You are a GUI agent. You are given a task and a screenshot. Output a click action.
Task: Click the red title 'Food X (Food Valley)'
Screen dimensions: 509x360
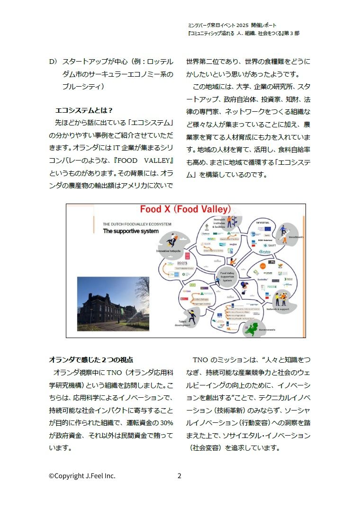pos(185,209)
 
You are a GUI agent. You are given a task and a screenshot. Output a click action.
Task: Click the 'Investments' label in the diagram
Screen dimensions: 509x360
pos(296,237)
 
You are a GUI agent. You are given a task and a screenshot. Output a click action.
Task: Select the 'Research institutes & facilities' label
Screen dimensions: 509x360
pos(219,223)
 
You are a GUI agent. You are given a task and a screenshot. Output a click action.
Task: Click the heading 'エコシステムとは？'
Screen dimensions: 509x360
pos(84,110)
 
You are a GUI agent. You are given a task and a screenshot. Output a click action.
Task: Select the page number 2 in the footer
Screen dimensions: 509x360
pos(179,476)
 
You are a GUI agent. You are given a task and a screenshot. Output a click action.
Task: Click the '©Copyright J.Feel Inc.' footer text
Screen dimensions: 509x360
pos(82,476)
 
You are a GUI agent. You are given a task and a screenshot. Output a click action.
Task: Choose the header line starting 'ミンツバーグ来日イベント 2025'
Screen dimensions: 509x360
pos(232,25)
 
